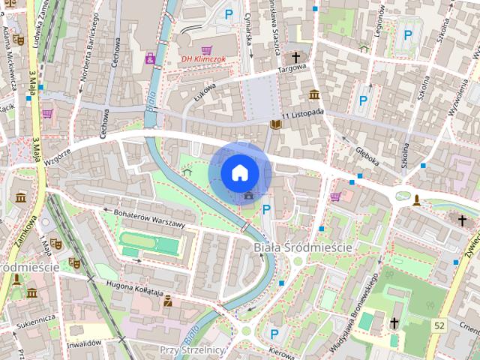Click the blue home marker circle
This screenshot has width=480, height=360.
tap(239, 172)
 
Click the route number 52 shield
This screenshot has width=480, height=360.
tap(439, 325)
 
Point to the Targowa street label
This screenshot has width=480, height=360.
tap(293, 70)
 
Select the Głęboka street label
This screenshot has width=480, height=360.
tap(367, 148)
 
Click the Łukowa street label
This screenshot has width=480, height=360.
tap(204, 91)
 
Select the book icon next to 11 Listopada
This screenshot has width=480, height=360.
tap(276, 124)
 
